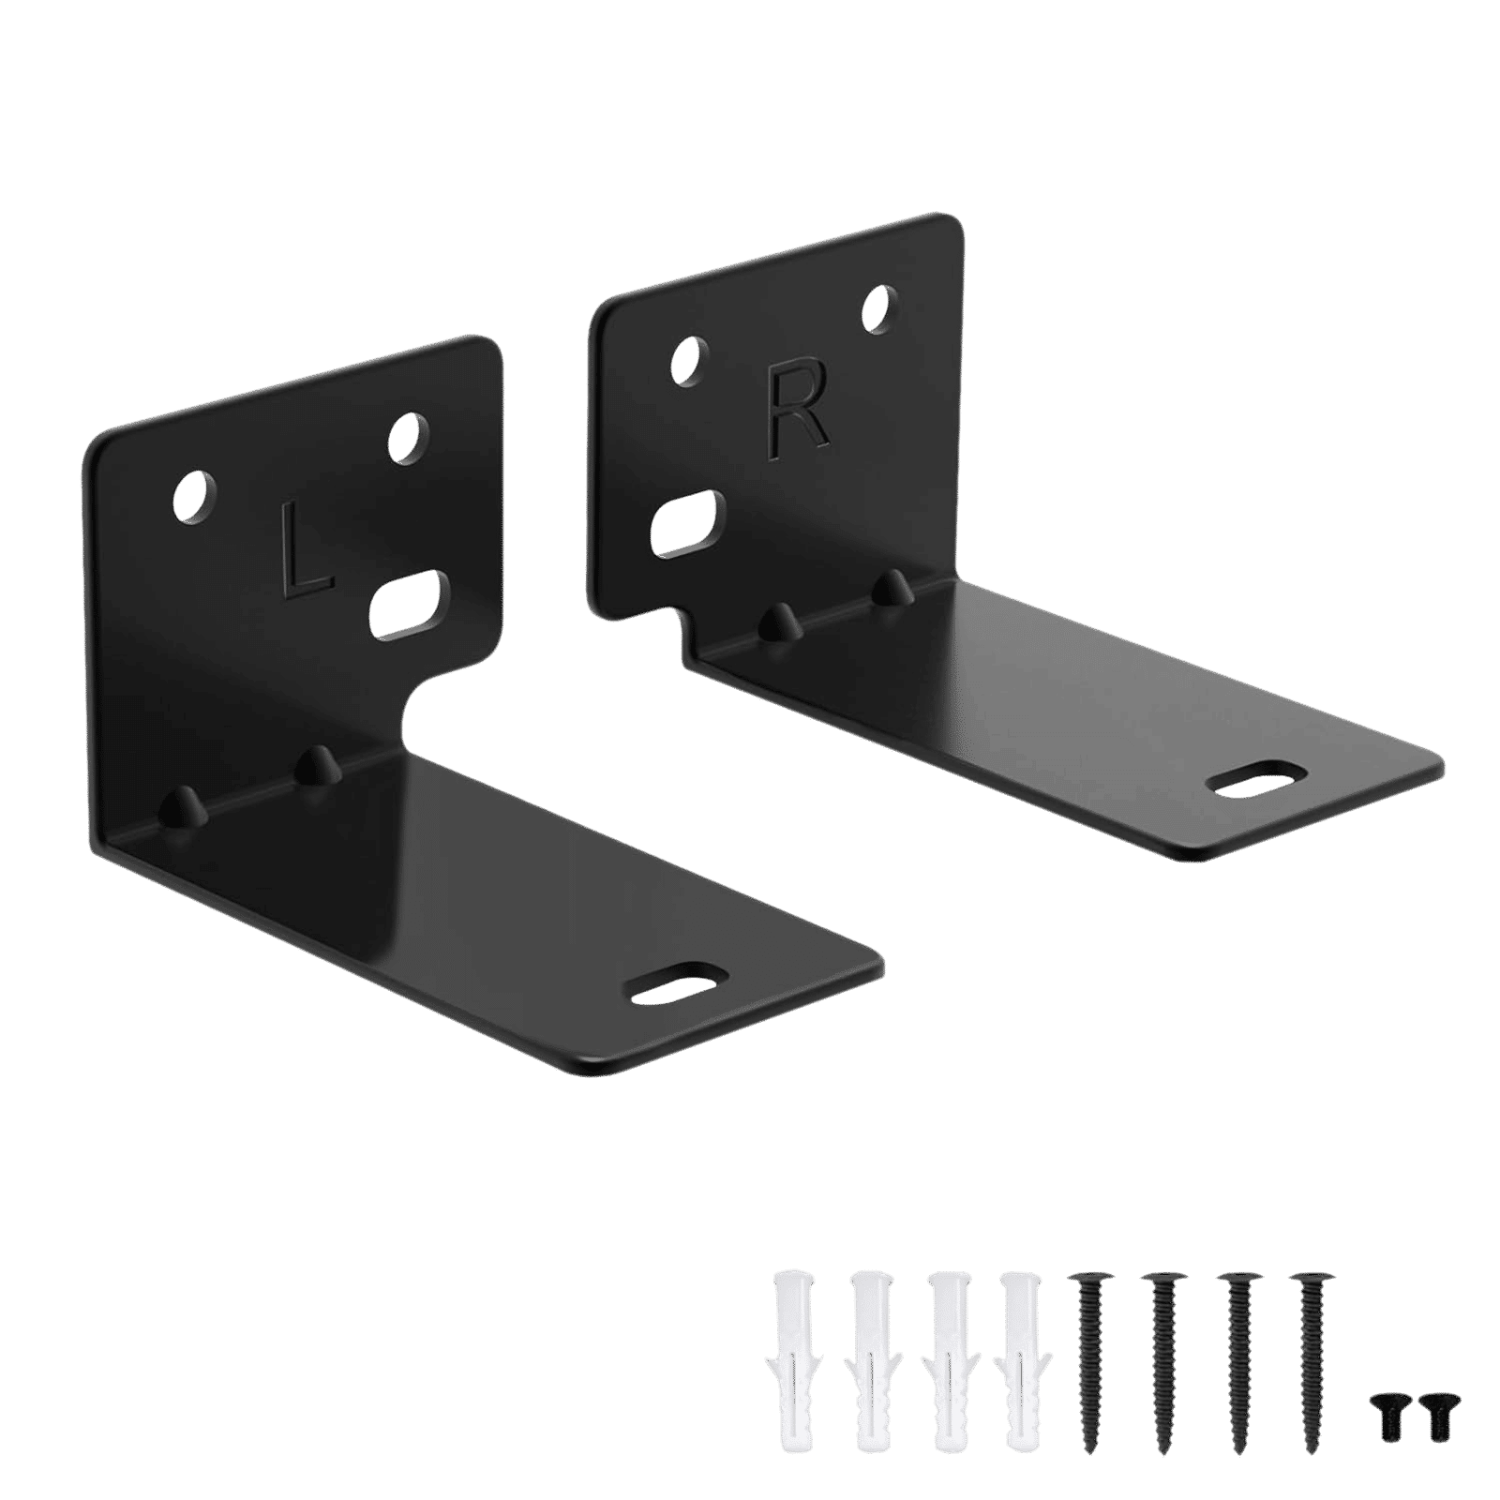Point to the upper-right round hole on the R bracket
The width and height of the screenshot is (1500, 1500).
(880, 309)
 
